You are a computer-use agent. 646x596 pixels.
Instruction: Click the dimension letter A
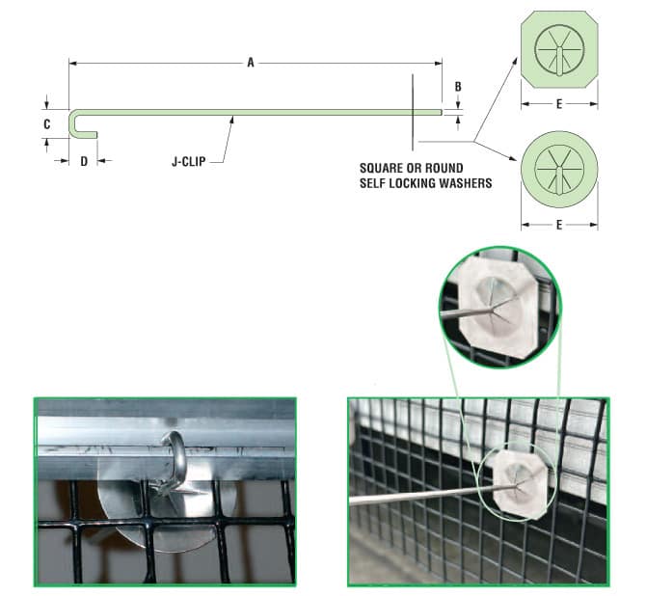click(251, 63)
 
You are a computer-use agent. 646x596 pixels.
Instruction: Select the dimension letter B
click(458, 87)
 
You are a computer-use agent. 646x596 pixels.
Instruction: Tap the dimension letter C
click(47, 124)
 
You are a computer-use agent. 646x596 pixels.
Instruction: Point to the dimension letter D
click(84, 161)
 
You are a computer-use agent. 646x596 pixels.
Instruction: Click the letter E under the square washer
click(559, 104)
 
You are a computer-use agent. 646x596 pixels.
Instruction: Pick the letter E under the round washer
click(559, 225)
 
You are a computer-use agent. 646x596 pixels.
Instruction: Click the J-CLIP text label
click(189, 162)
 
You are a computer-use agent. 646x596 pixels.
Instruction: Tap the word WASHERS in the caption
click(467, 183)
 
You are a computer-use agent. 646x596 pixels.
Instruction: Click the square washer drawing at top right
click(559, 49)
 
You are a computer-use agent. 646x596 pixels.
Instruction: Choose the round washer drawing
click(559, 170)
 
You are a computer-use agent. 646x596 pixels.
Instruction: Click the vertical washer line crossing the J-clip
click(413, 112)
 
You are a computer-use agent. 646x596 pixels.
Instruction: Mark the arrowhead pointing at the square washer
click(515, 61)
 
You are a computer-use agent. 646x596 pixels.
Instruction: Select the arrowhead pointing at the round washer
click(513, 158)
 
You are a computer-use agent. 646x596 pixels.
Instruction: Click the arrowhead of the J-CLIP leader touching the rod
click(232, 120)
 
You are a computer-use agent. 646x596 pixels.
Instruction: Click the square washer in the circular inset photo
click(498, 307)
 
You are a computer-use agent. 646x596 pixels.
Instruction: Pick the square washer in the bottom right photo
click(521, 485)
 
